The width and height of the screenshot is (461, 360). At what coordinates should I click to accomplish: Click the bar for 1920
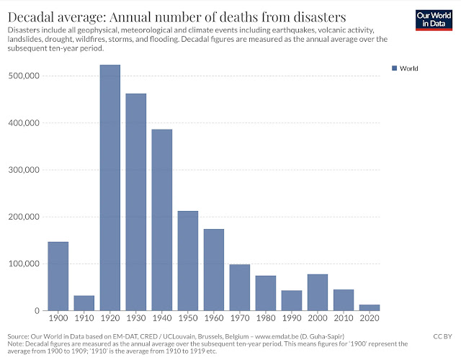110,188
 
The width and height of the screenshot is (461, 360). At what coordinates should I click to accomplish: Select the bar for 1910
84,303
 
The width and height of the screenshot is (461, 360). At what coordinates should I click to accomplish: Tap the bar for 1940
162,220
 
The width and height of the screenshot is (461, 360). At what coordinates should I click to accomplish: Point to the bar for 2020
370,307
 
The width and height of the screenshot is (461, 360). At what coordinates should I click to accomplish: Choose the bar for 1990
292,300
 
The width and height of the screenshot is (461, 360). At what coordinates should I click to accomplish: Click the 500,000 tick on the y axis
24,76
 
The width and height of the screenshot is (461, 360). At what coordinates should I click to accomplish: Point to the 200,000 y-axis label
24,217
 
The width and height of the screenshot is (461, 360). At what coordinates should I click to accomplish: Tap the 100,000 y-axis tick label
24,264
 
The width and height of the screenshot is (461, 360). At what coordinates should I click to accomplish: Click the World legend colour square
394,68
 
